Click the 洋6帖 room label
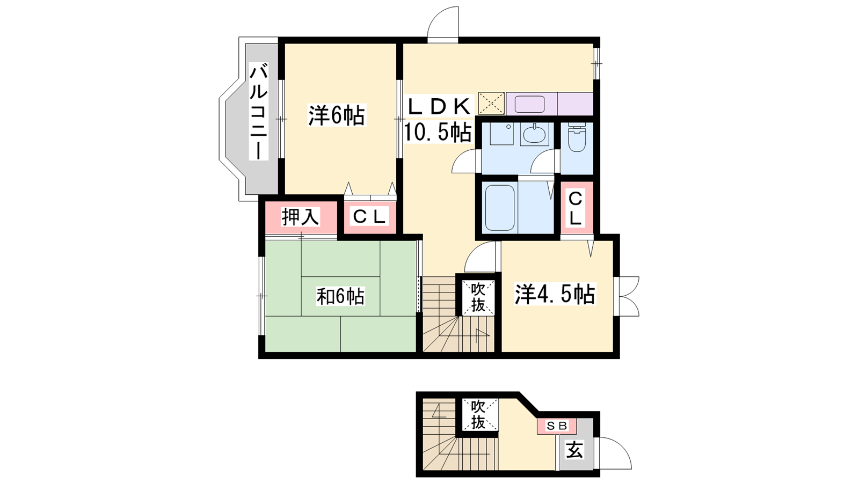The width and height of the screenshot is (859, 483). pos(337,115)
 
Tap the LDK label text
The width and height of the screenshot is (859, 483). pos(439,107)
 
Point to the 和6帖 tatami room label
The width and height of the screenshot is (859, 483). pos(340,296)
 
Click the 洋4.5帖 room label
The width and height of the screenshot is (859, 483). pos(555,294)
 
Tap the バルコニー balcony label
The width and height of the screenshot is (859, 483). pos(259,111)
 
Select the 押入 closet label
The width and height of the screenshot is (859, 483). pos(300,217)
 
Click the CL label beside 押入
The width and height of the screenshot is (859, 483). pos(369,217)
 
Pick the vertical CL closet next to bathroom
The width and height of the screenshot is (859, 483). pos(575,209)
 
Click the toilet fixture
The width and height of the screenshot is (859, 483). pos(577,137)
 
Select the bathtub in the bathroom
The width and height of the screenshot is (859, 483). pos(500,207)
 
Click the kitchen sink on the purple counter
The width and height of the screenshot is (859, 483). pos(529,104)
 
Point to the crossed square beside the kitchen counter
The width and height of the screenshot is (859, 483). pos(491,103)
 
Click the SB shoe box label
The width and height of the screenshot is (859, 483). pos(556,426)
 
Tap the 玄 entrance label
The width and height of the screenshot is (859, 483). pos(575,450)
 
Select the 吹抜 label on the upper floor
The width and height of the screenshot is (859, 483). pos(478,297)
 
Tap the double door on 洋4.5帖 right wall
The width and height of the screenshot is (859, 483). pos(628,296)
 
